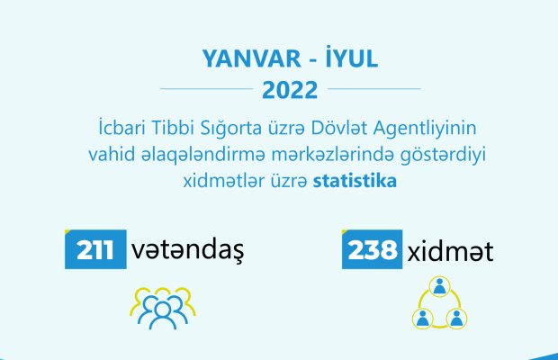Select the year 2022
[x=290, y=90]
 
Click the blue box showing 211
[x=95, y=249]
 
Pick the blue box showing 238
[x=372, y=249]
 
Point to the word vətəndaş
[x=187, y=251]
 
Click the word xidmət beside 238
[x=450, y=251]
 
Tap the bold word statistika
[x=355, y=181]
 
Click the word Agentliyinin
[x=425, y=129]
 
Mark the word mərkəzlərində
[x=332, y=155]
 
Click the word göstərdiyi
[x=443, y=156]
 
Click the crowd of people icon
[x=163, y=308]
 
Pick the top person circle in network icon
[x=439, y=286]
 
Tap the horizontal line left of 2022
[x=207, y=88]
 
